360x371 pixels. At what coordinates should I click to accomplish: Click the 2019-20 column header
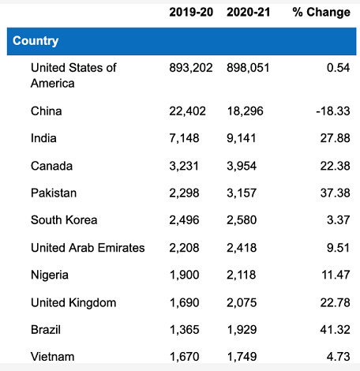coord(191,12)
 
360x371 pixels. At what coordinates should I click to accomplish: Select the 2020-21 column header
coord(249,12)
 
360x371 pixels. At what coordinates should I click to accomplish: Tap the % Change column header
coord(321,13)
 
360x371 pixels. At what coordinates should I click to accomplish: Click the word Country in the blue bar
coord(36,41)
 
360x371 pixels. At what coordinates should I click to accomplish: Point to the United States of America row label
coord(73,76)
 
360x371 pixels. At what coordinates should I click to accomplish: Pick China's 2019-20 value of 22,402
coord(187,111)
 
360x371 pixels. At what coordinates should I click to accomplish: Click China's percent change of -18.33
coord(333,111)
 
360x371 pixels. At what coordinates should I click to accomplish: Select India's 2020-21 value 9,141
coord(242,138)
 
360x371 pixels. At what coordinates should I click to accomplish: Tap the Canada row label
coord(51,166)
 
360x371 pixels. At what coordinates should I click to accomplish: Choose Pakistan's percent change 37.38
coord(336,193)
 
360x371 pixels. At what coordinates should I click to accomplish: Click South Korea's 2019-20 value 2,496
coord(184,220)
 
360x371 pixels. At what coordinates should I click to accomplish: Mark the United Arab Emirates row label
coord(88,248)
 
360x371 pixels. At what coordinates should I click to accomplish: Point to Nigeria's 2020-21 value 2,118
coord(242,275)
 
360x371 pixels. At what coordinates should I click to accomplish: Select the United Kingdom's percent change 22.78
coord(336,302)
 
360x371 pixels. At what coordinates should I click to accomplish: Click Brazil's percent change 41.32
coord(336,330)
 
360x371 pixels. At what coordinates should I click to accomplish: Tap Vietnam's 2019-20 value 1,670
coord(184,357)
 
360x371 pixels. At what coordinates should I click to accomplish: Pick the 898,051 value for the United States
coord(248,68)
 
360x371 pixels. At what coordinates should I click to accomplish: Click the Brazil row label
coord(46,330)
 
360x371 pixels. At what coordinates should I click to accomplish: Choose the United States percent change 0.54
coord(339,68)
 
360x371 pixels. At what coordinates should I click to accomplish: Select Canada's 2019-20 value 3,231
coord(184,166)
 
